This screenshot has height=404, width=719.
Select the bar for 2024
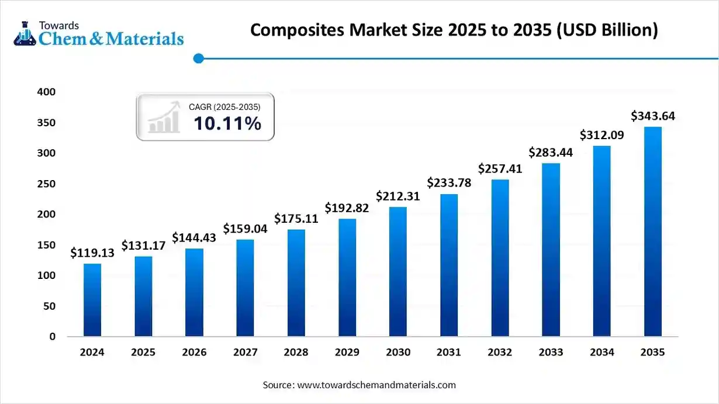point(92,300)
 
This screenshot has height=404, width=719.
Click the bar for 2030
point(397,272)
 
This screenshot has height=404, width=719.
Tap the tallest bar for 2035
point(652,232)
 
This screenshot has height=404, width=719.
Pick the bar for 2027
point(245,288)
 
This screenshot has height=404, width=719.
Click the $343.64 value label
point(652,116)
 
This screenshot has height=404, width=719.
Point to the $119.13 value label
point(92,253)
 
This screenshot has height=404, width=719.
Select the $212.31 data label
point(397,196)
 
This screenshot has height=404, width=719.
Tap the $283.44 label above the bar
point(551,153)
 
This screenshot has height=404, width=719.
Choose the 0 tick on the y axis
point(52,337)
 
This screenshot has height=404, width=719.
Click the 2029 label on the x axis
point(347,353)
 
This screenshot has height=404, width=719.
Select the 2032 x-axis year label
point(500,353)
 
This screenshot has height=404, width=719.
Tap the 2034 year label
point(602,353)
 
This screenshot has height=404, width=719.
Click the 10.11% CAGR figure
point(227,123)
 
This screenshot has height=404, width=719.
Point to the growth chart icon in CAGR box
point(164,117)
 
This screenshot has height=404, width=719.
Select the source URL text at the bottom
point(376,385)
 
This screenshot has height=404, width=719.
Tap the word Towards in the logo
point(58,25)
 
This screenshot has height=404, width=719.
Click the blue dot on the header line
point(198,58)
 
